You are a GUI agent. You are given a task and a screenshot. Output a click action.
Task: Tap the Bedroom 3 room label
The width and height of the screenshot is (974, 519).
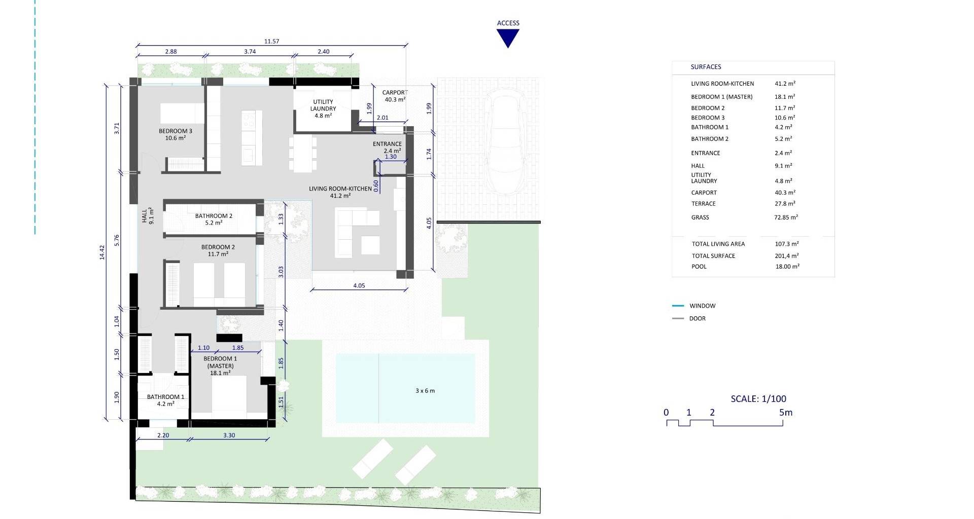176,134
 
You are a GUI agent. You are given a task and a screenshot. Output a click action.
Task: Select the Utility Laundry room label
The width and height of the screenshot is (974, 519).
323,108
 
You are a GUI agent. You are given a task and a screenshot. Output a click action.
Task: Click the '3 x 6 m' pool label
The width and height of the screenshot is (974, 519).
425,391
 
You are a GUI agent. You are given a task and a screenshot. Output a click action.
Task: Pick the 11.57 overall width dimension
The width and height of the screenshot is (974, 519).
271,42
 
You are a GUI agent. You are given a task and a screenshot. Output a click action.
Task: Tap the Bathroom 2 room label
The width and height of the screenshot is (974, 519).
214,219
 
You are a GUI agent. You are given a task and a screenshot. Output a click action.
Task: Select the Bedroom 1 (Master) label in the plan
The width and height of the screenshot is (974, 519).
220,365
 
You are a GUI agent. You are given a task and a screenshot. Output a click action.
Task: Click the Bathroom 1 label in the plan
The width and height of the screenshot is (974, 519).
166,400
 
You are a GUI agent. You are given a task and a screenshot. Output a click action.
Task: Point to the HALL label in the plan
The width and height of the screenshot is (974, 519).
148,217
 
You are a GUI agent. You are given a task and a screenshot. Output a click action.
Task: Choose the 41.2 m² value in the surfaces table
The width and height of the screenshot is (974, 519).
785,84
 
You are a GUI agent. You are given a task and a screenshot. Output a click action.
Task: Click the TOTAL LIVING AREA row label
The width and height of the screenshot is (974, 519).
718,244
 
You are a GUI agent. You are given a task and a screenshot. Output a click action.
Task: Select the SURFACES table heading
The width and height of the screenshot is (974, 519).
706,67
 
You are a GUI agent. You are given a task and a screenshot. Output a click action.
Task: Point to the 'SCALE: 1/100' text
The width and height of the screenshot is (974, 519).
758,399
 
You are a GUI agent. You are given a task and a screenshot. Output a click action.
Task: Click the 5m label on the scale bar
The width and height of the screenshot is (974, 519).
785,413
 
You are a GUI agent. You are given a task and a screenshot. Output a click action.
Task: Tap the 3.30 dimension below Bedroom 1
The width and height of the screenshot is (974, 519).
229,435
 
